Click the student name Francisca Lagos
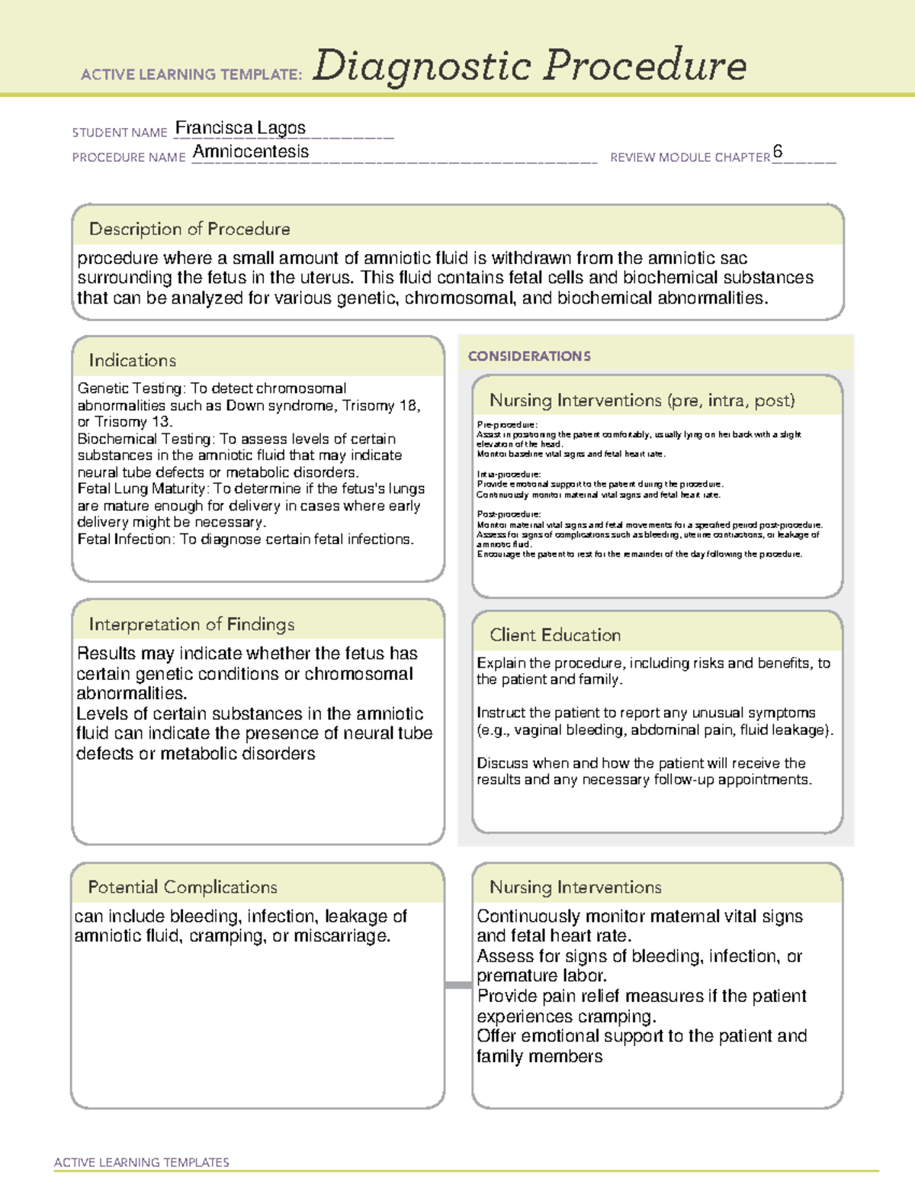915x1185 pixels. (240, 128)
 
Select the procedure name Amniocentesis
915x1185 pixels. (251, 152)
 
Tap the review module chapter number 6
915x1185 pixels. (777, 151)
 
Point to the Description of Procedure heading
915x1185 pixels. (189, 229)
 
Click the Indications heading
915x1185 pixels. (132, 360)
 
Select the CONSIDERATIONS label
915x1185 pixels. (529, 356)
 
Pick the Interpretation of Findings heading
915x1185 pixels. (191, 624)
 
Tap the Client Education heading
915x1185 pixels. (555, 635)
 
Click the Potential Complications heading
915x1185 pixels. (182, 887)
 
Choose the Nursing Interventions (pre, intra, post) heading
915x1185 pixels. (642, 401)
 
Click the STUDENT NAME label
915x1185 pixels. (120, 133)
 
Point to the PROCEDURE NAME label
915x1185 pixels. (129, 157)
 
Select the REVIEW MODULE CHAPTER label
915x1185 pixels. (690, 157)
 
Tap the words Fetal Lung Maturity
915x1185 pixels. (142, 489)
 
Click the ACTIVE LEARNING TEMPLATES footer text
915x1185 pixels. (142, 1162)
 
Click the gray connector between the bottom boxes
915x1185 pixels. (458, 985)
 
